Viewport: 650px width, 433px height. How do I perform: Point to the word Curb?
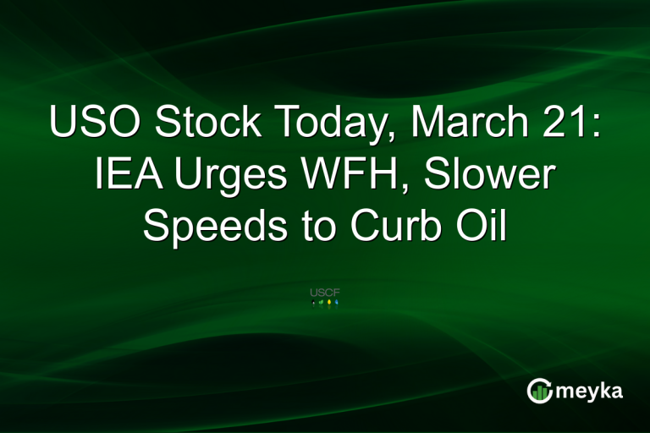[394, 227]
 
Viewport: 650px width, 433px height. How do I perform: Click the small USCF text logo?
[325, 293]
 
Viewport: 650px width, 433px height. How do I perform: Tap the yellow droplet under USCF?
[328, 303]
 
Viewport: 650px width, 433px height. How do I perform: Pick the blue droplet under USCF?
[336, 303]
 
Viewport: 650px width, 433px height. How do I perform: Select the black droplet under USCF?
[314, 303]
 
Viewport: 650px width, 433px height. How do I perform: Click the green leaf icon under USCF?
[321, 303]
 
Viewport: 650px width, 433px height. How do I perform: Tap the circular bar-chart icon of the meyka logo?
[539, 390]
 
